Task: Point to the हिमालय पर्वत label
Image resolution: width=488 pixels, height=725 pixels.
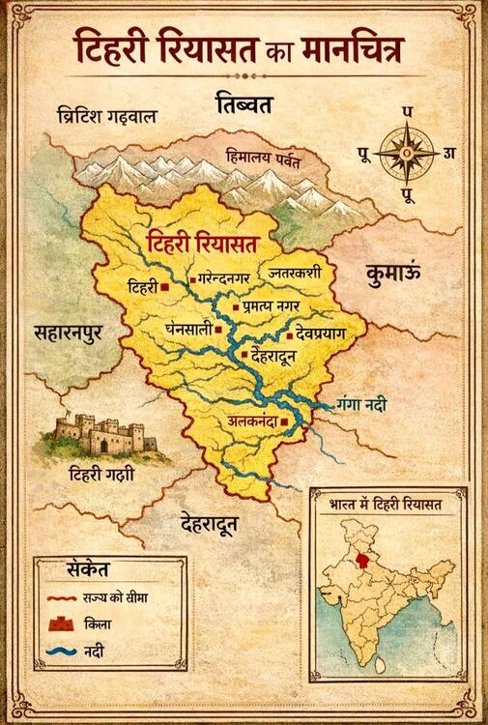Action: (262, 155)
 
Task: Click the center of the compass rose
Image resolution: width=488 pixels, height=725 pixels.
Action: (406, 153)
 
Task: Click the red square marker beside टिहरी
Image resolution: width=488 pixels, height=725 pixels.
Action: (166, 287)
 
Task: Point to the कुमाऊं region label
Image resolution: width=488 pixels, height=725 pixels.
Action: (393, 275)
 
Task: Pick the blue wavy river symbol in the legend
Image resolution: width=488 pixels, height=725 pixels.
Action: (61, 652)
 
